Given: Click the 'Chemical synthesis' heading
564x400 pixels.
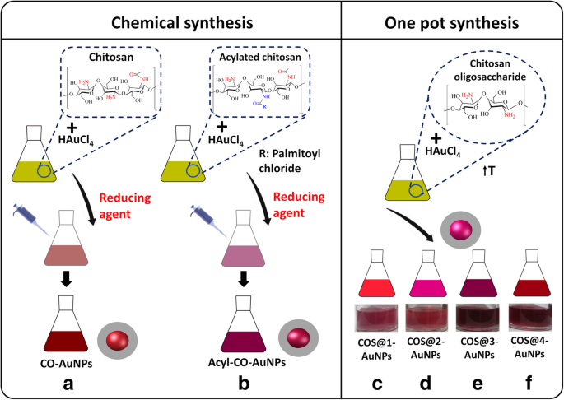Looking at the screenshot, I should (171, 21).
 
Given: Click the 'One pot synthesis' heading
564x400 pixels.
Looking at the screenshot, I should (451, 21).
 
